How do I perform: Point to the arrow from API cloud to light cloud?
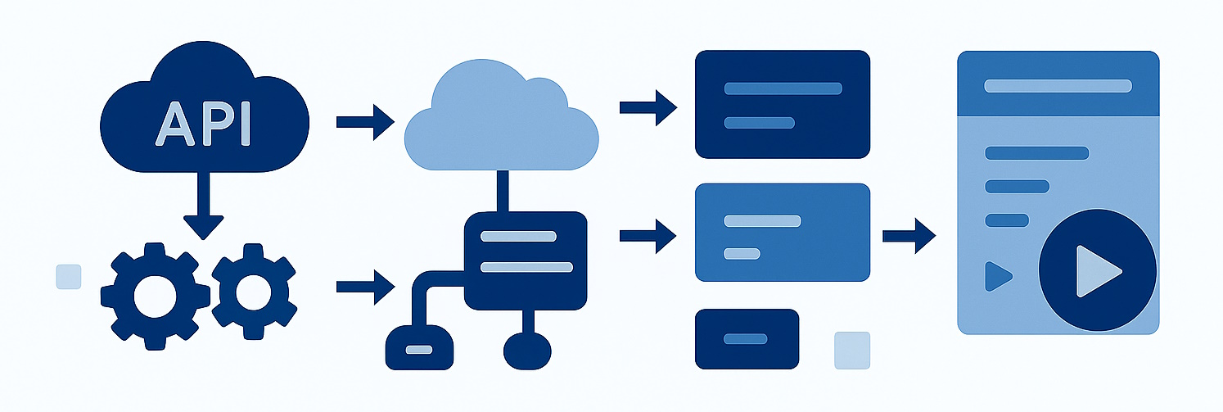click(365, 122)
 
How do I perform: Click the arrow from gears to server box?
click(365, 287)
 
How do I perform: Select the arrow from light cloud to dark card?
click(648, 106)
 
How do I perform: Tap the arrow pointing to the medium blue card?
click(648, 236)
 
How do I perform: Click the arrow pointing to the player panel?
click(909, 236)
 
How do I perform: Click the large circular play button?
click(1097, 270)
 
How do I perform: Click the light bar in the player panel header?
click(1058, 86)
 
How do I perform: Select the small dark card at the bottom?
click(746, 338)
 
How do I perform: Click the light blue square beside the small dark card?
click(851, 350)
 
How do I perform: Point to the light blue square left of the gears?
click(68, 277)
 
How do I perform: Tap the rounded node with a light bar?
click(419, 348)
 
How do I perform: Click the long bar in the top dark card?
click(783, 88)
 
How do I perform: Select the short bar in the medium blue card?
click(742, 252)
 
